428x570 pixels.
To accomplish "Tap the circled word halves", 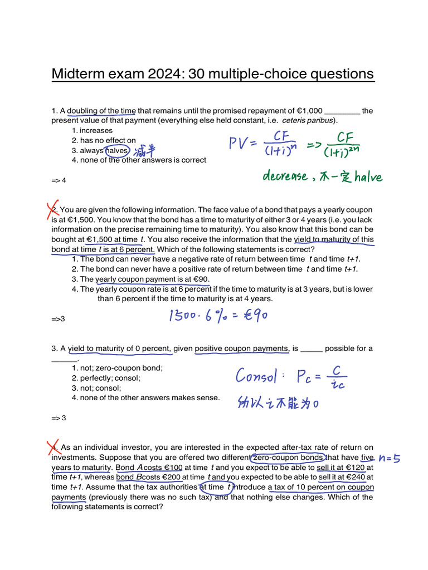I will [116, 150].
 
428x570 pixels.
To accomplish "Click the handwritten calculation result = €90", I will [249, 315].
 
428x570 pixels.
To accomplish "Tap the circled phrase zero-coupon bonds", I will [288, 458].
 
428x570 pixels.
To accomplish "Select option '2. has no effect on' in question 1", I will [104, 140].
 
